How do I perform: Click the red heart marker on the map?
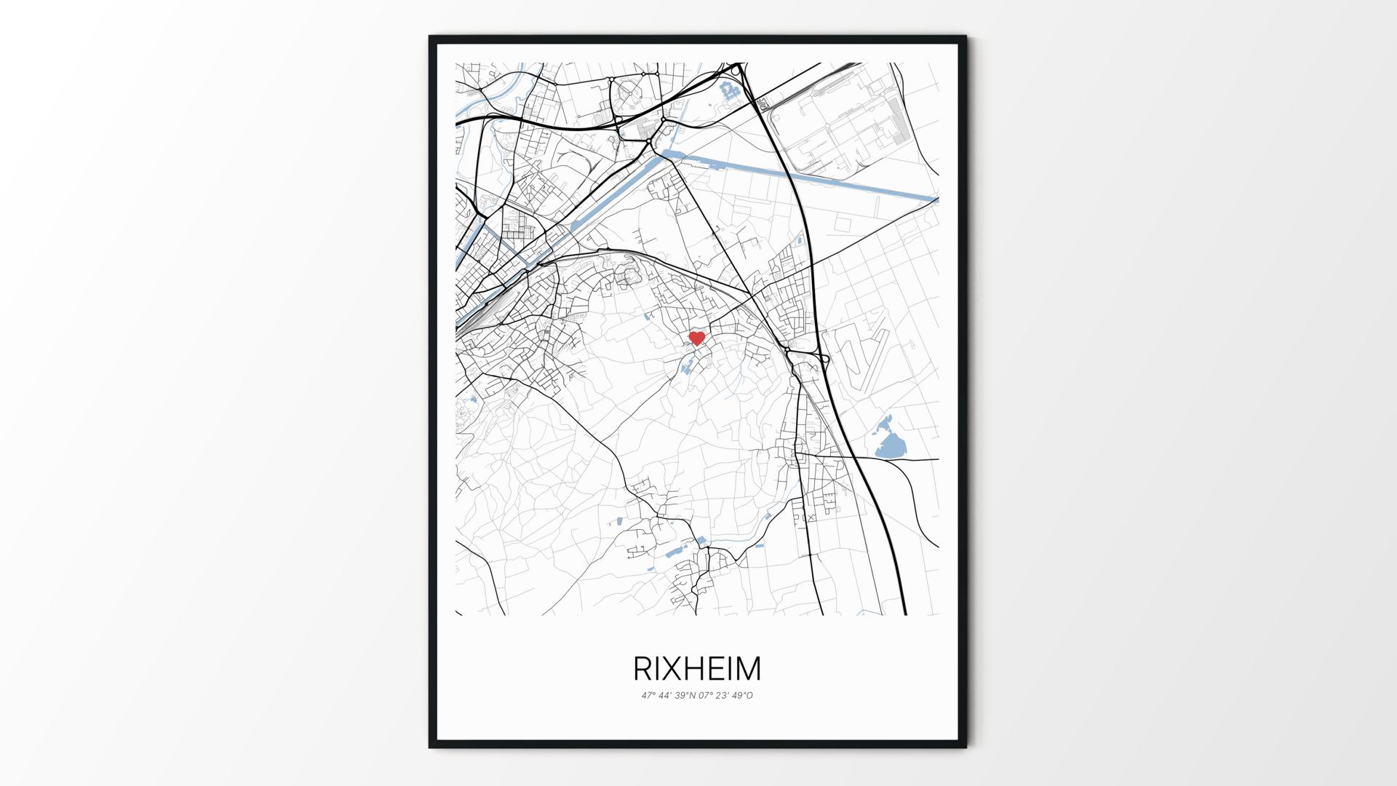click(697, 338)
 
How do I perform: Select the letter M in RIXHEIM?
click(747, 668)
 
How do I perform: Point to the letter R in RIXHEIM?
click(644, 668)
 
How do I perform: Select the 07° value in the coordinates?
click(707, 696)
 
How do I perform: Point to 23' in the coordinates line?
click(725, 696)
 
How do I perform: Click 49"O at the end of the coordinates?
click(744, 696)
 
